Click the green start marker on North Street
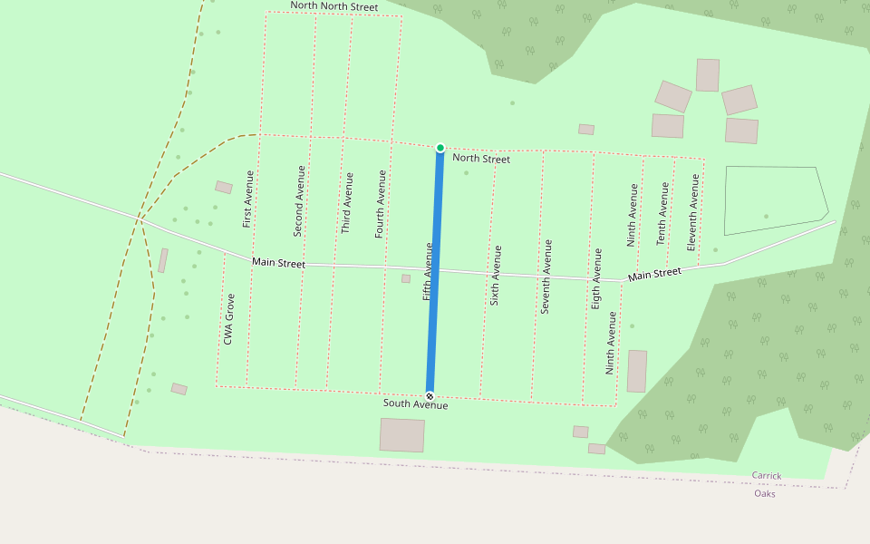point(440,148)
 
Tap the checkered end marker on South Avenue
point(430,395)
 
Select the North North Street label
point(333,6)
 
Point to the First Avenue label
point(247,199)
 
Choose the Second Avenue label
point(299,200)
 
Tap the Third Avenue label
point(346,202)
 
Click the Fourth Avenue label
point(381,204)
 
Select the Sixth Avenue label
point(495,275)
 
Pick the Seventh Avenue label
point(546,277)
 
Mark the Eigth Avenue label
point(595,278)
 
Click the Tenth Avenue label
point(662,214)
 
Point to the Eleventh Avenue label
point(693,218)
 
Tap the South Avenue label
point(415,404)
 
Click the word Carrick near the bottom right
point(766,476)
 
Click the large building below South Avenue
point(402,435)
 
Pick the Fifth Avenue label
point(427,271)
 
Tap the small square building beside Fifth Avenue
point(406,278)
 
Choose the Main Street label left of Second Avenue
point(278,263)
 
